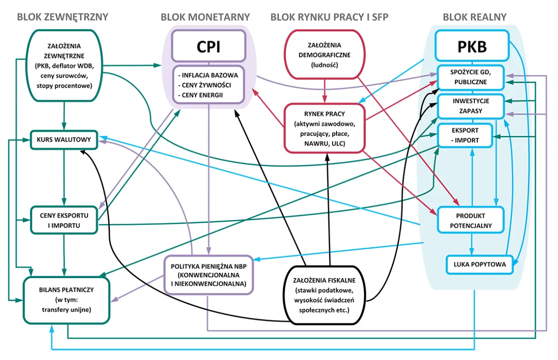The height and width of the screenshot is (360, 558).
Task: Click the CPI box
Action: [x=209, y=47]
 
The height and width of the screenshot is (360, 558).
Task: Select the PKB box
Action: [x=472, y=47]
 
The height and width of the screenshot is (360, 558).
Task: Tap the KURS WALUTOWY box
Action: [x=64, y=139]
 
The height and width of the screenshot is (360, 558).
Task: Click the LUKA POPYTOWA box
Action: [x=479, y=265]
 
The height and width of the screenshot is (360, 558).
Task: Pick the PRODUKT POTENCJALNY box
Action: [x=470, y=220]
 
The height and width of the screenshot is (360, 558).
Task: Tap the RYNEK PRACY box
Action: [x=323, y=128]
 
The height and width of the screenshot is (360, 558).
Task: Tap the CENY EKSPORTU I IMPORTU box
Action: [x=64, y=220]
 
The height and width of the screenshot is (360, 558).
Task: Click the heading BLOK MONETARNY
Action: [x=205, y=17]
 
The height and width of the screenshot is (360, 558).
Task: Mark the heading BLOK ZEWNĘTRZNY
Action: [x=62, y=17]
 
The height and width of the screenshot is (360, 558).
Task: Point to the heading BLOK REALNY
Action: [x=474, y=17]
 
